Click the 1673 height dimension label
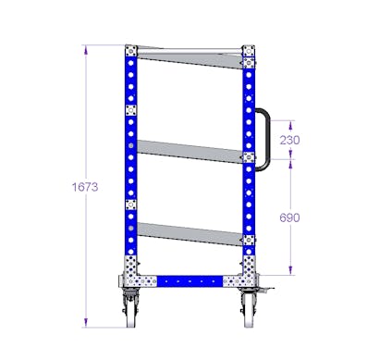pyautogui.click(x=85, y=187)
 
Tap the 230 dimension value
pyautogui.click(x=289, y=140)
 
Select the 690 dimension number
pyautogui.click(x=289, y=217)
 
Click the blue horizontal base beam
pyautogui.click(x=190, y=281)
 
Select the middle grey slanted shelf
pyautogui.click(x=190, y=152)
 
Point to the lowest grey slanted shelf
pyautogui.click(x=190, y=234)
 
